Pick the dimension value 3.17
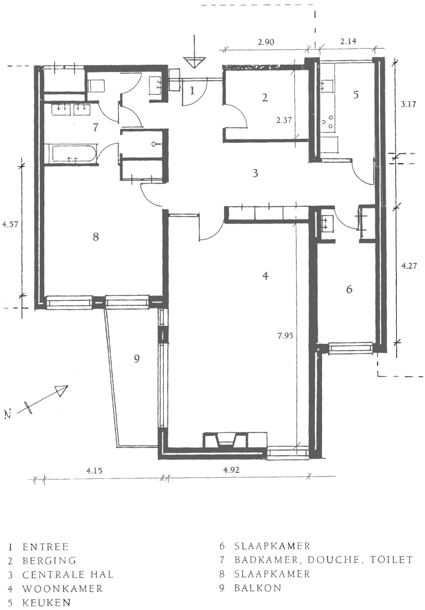410,103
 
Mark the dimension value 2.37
284,119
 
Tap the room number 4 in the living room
266,275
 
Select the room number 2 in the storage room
265,98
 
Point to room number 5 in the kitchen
356,95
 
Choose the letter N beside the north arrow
8,414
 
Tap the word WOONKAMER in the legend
63,589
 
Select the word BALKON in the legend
258,588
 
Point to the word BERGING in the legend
50,561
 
